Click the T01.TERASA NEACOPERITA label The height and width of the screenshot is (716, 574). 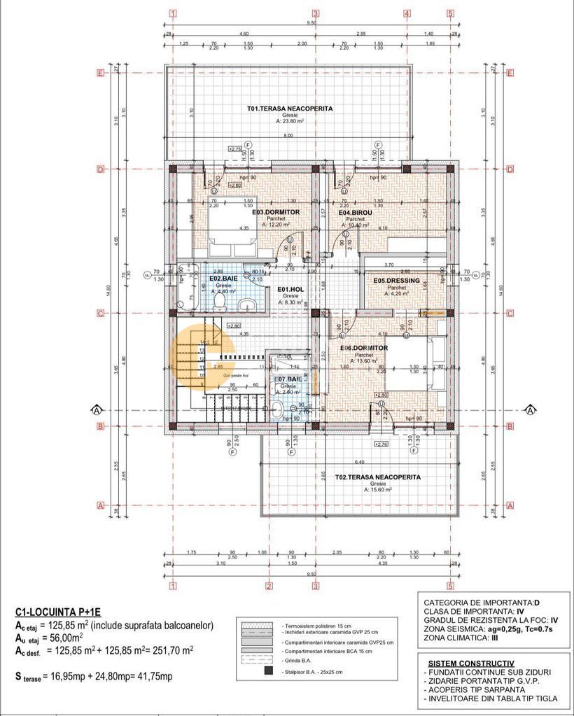(x=289, y=108)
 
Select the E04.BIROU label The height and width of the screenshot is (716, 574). (x=353, y=212)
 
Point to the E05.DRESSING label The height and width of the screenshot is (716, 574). (x=396, y=281)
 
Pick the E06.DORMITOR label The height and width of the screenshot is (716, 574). (x=363, y=348)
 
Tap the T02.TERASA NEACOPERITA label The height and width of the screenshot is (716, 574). (x=377, y=477)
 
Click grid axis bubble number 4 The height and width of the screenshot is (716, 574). (x=406, y=13)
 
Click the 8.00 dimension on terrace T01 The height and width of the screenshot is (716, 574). (x=288, y=136)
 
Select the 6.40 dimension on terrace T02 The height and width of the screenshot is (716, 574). (x=360, y=463)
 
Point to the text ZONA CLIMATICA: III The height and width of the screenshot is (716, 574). (x=463, y=638)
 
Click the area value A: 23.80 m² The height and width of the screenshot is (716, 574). (x=289, y=121)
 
